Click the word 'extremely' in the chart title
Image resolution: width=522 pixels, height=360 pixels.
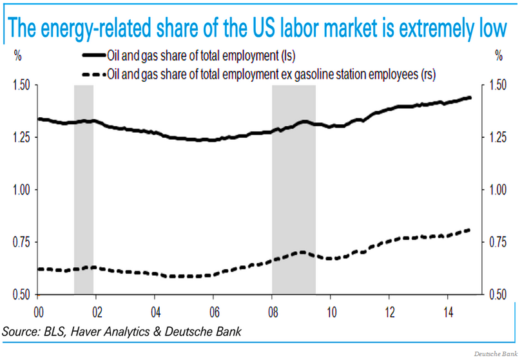419,29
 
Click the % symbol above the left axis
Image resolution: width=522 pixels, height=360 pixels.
18,56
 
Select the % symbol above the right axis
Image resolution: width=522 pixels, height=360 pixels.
499,56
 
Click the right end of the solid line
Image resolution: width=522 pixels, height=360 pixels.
470,97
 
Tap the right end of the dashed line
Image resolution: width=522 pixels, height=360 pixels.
469,230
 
